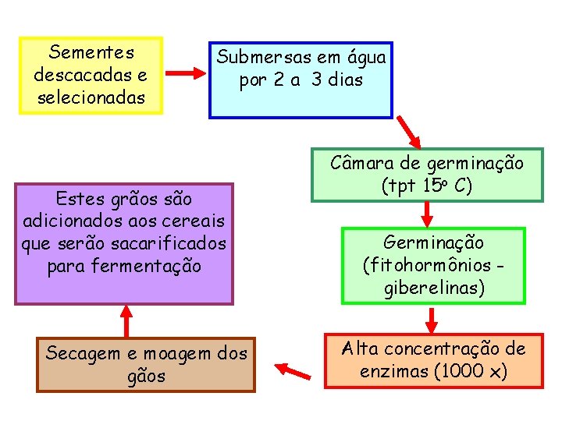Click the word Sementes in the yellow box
click(x=91, y=53)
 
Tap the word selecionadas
click(x=91, y=98)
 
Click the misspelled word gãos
click(x=146, y=376)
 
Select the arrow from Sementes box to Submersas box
click(x=186, y=74)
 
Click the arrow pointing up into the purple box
click(x=125, y=320)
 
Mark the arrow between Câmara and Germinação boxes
click(x=427, y=212)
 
